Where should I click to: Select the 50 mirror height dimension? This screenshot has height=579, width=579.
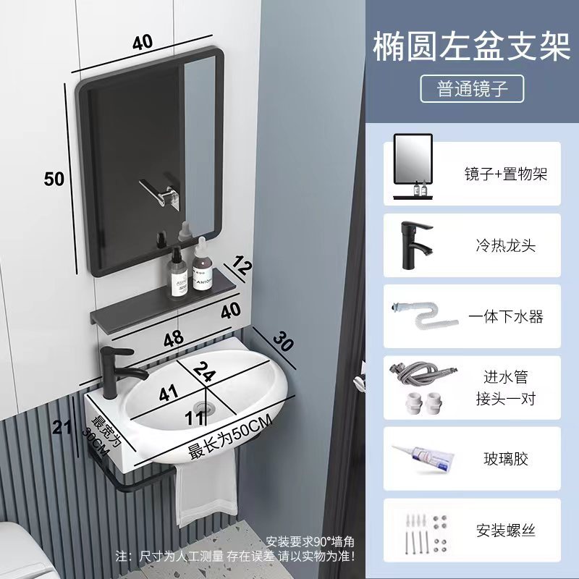(54, 178)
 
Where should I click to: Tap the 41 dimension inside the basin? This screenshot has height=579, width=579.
(168, 394)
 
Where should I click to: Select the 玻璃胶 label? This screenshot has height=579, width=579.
(506, 459)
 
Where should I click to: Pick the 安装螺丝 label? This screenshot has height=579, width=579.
(506, 530)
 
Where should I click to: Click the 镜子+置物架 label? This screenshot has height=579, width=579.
(506, 174)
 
